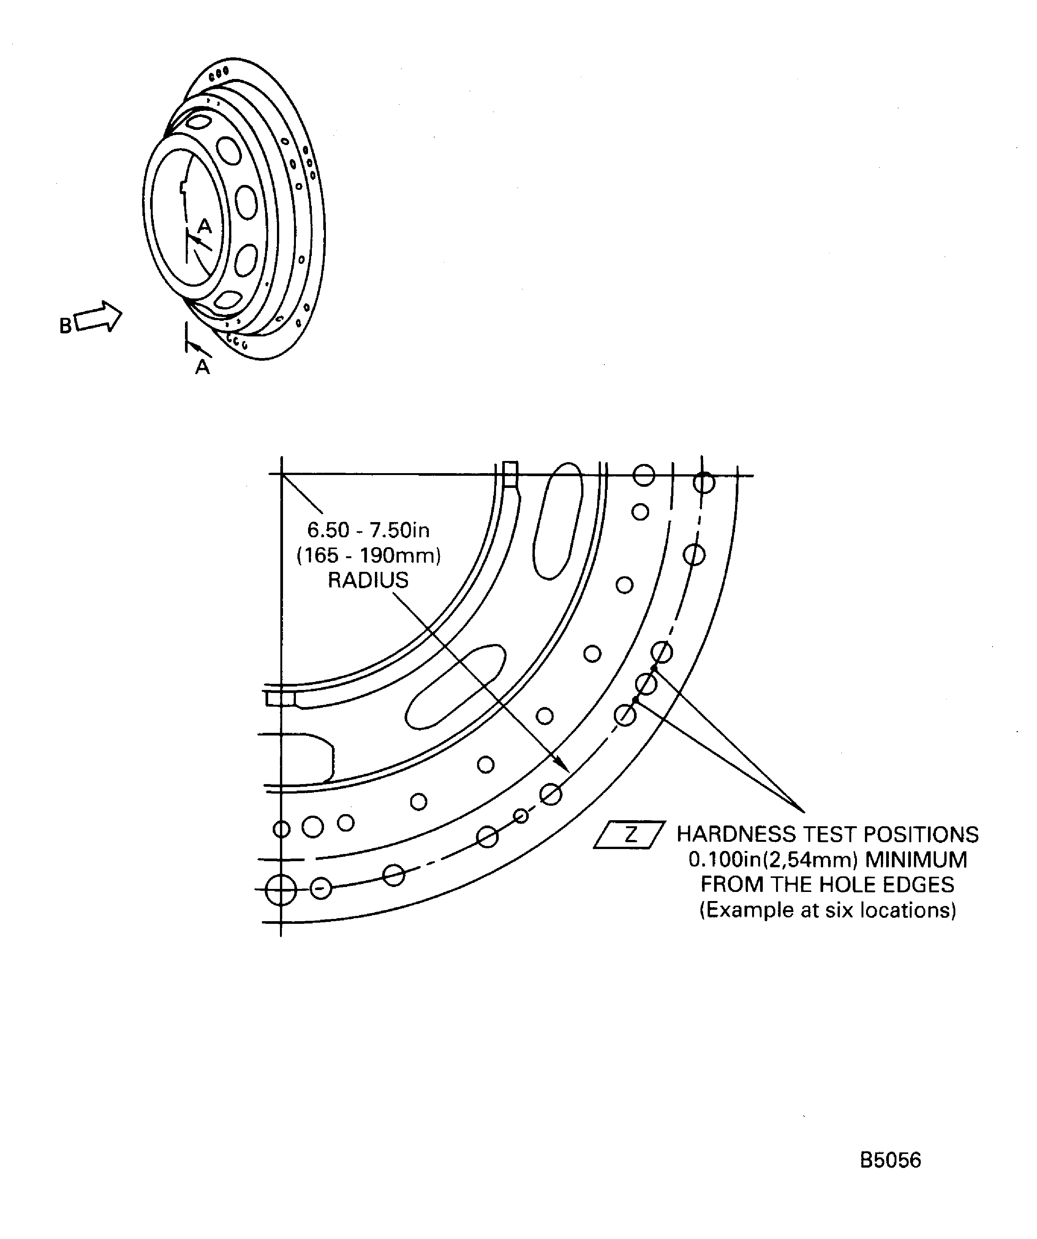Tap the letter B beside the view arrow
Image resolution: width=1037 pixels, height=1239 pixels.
pos(65,326)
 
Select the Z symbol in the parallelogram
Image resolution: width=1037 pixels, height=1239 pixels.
pos(630,834)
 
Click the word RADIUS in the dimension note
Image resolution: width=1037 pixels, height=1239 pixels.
pos(368,581)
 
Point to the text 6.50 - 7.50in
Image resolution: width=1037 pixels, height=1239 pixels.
pos(368,530)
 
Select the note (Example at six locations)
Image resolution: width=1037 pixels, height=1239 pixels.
pos(827,910)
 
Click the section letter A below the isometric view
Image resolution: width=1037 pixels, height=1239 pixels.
pos(202,367)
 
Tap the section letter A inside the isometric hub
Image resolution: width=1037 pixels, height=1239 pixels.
pos(204,226)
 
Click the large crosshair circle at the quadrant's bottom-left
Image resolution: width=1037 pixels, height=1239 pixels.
pos(281,890)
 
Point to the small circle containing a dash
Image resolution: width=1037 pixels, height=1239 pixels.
pos(321,887)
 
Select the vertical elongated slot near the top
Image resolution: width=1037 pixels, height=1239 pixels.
pos(557,520)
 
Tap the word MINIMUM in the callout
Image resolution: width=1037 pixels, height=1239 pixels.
pos(916,860)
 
